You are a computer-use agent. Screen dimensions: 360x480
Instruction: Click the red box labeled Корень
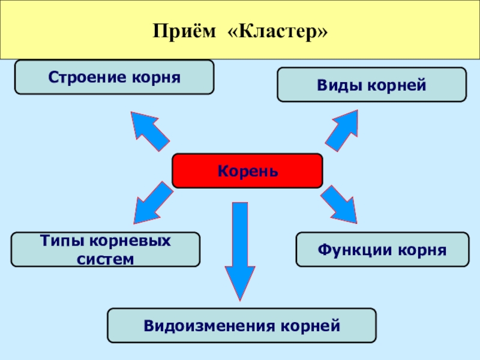[x=247, y=171]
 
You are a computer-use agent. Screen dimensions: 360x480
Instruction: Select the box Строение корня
[x=114, y=77]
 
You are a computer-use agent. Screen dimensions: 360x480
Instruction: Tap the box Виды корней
[x=371, y=85]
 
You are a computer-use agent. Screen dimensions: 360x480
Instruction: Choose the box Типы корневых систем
[x=106, y=250]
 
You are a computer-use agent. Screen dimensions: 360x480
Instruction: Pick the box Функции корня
[x=382, y=250]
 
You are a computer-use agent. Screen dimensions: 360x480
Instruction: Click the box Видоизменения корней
[x=241, y=326]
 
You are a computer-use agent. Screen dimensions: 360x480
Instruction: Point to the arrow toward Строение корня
[x=148, y=130]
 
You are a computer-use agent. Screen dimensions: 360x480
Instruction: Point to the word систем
[x=106, y=259]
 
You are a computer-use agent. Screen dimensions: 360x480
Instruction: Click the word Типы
[x=62, y=241]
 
